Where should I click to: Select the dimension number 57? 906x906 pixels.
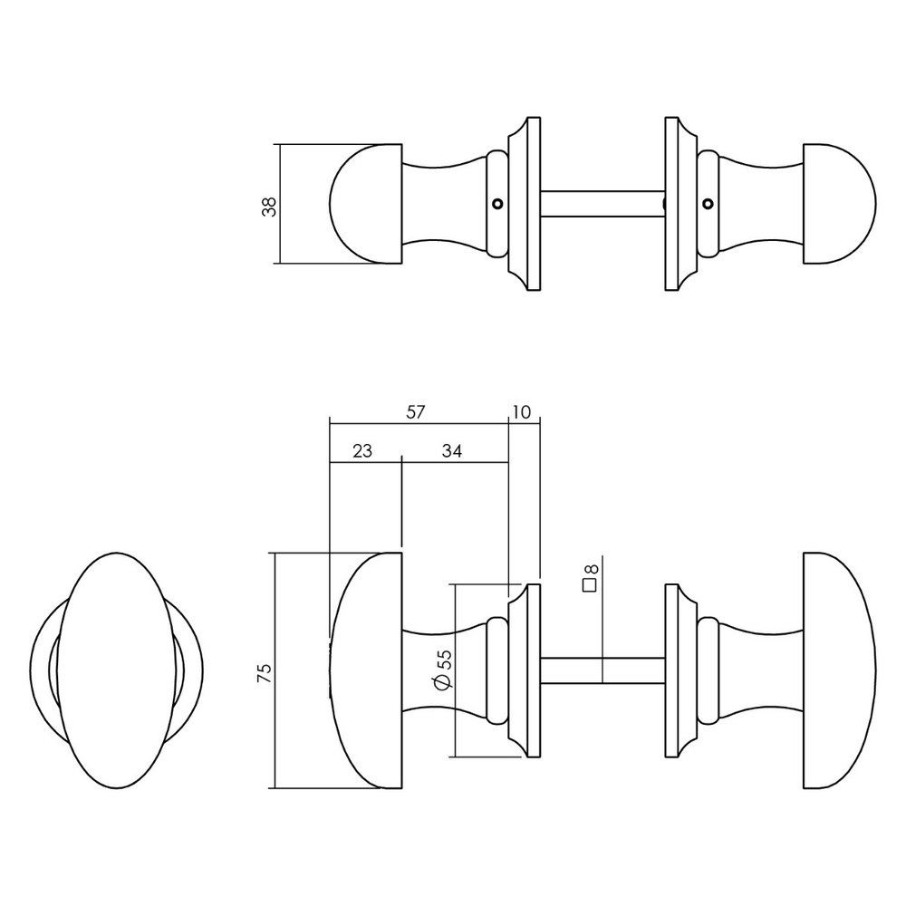(x=415, y=412)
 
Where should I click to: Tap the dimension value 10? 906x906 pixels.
(x=521, y=412)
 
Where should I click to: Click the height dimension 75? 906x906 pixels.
(x=264, y=671)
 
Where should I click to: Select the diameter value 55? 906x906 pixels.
(x=443, y=659)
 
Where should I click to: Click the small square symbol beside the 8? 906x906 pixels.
(x=589, y=584)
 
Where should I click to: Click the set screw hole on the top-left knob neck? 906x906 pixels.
(x=496, y=203)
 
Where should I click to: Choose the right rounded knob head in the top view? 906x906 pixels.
(x=838, y=204)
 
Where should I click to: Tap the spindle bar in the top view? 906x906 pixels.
(x=602, y=203)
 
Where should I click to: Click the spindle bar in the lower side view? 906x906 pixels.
(x=602, y=670)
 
